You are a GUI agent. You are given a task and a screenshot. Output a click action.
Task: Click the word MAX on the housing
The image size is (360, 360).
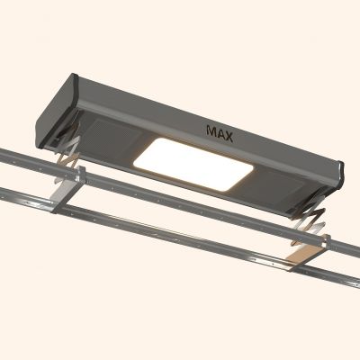coord(220,134)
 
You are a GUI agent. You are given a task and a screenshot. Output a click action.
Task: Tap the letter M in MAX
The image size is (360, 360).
coord(211,131)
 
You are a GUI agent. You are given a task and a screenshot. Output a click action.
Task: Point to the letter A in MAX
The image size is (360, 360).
coord(220,134)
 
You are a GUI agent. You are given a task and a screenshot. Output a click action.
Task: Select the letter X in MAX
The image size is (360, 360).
coord(229,137)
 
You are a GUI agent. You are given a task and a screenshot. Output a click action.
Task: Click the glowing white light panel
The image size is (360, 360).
coord(193,164)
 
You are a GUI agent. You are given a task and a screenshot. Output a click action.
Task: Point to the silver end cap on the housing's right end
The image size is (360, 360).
coord(340,177)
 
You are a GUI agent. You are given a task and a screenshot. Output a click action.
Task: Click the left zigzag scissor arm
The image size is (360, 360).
coord(67,159)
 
